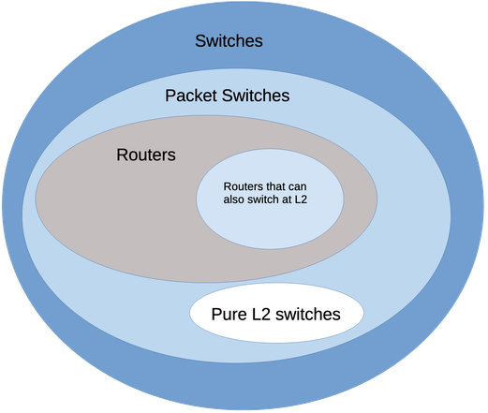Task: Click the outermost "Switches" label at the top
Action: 229,41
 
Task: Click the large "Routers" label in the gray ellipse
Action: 145,155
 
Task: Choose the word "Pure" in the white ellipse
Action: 229,314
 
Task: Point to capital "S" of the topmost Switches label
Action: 200,41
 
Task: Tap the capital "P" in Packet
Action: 170,96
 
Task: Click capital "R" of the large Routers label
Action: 122,155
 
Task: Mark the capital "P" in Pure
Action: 216,314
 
